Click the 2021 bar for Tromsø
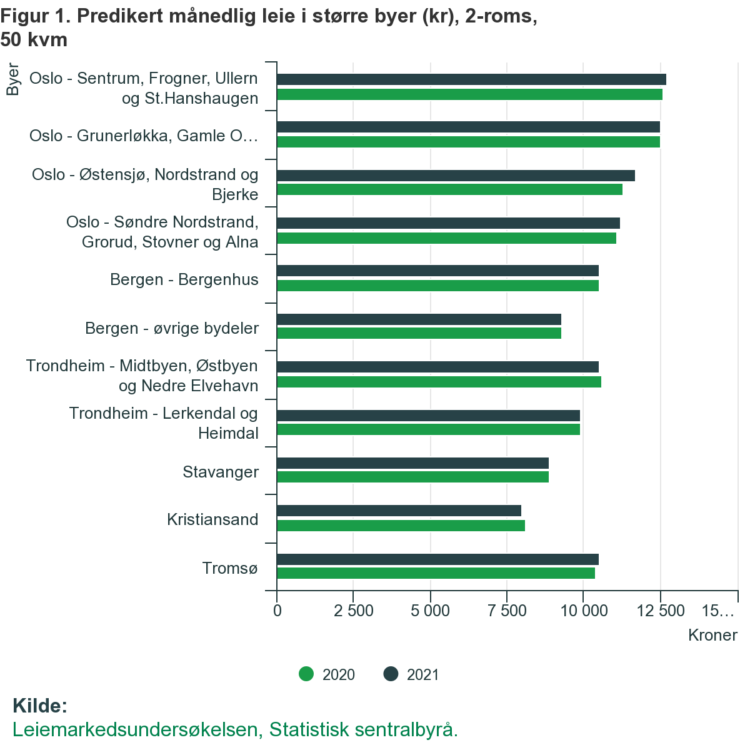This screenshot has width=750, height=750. point(437,559)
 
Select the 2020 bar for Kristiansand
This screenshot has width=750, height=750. point(401,525)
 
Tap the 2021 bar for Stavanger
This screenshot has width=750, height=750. point(412,463)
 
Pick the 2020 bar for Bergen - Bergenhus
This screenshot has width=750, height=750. point(437,286)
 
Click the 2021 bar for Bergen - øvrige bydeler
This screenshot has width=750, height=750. point(419,319)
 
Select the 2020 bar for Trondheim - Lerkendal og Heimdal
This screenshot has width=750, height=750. point(428,429)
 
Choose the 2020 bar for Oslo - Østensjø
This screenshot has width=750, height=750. point(449,189)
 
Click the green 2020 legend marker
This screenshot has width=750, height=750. point(306,674)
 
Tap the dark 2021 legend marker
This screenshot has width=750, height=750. point(391,674)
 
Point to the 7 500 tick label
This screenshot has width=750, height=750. point(507,611)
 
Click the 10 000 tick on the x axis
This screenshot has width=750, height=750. point(584,611)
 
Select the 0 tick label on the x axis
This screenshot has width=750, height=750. point(277,611)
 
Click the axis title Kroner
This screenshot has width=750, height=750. point(712,636)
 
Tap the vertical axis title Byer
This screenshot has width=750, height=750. point(12,79)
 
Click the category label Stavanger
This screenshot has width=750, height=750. point(221,472)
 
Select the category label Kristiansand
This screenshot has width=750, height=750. point(212,519)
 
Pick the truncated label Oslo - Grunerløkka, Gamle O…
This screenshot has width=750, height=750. point(144,136)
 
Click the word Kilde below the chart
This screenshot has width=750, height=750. point(39,706)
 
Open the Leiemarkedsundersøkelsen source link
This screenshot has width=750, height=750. point(235,730)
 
